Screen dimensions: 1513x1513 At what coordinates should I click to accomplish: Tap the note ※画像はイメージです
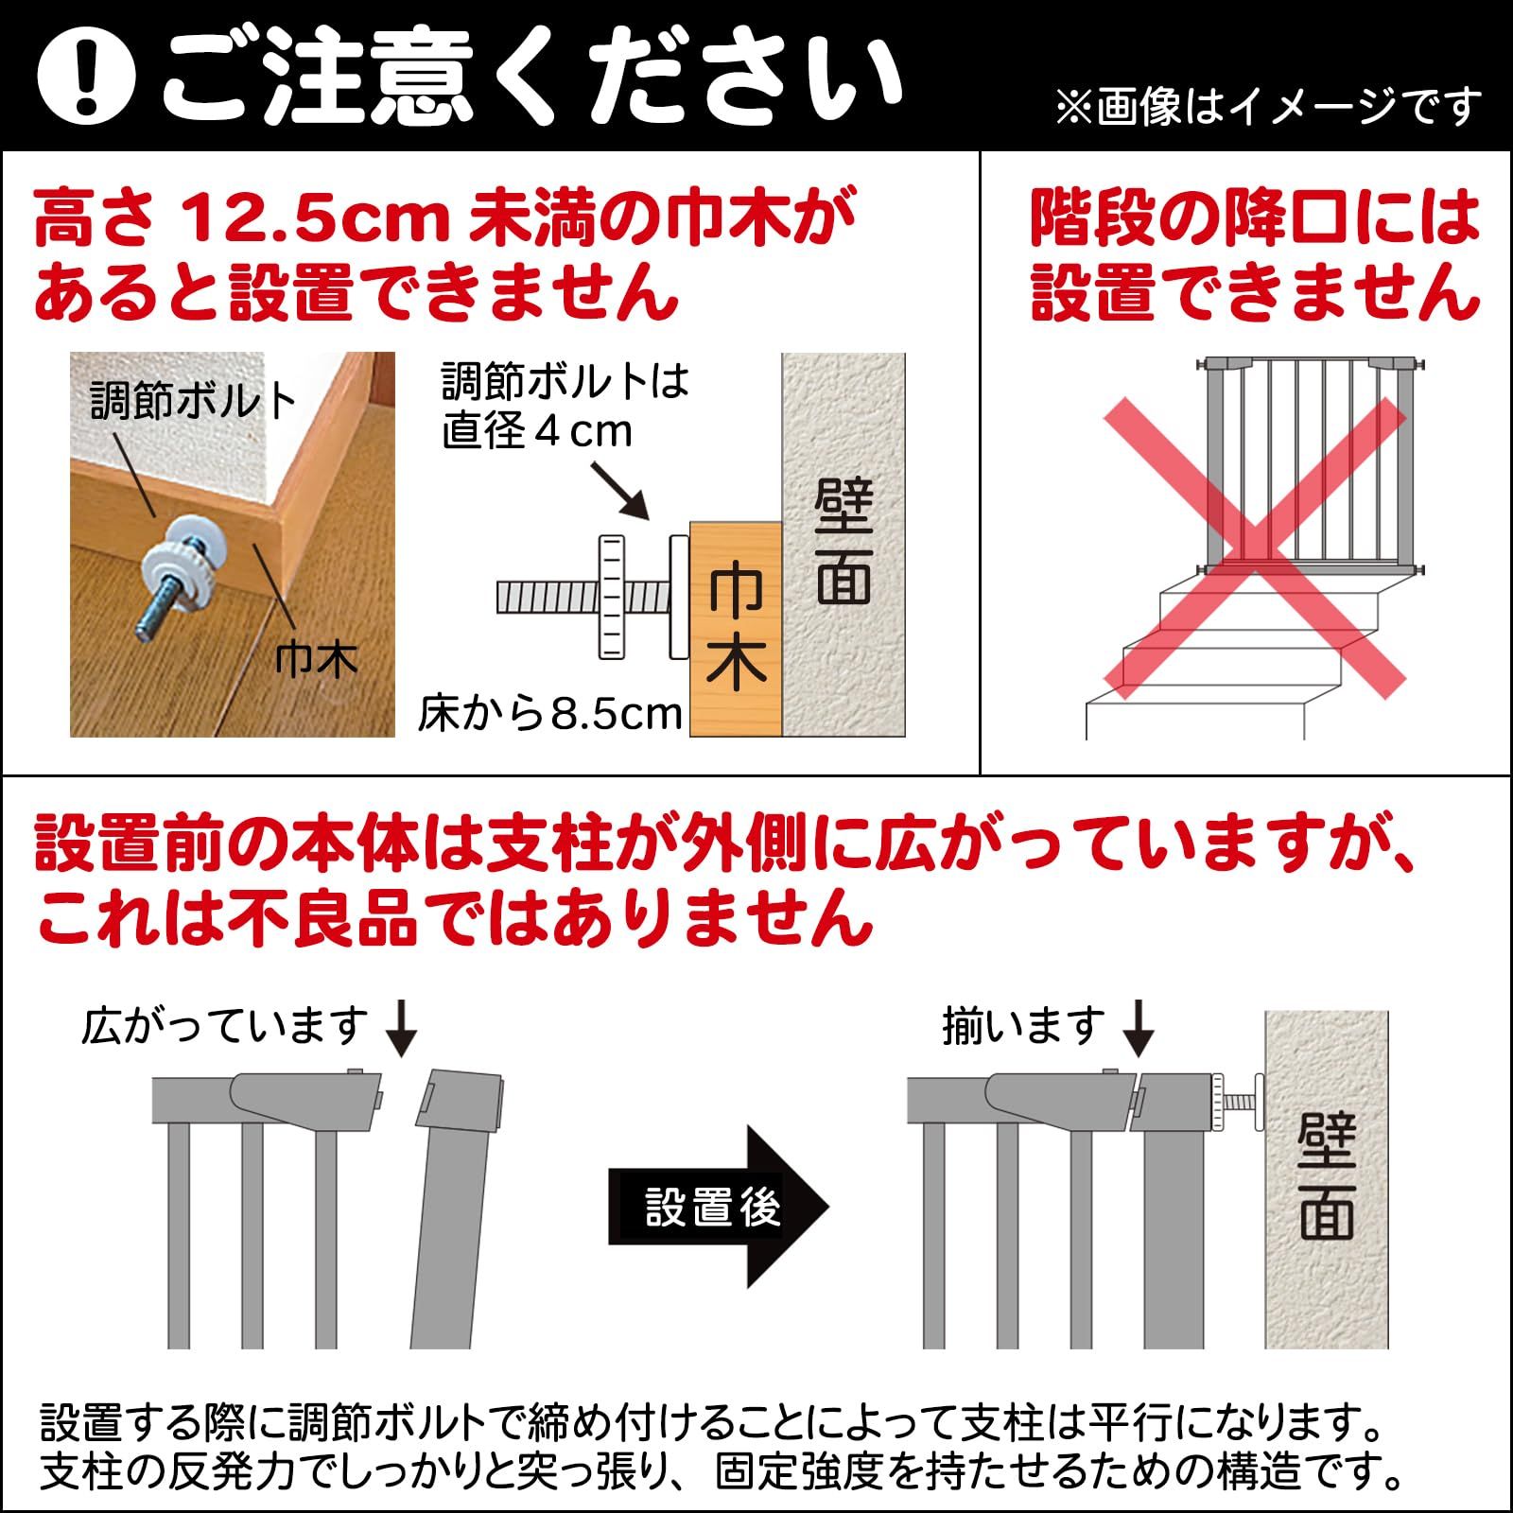point(1267,106)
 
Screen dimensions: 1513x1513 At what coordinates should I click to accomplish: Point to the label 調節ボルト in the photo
point(193,402)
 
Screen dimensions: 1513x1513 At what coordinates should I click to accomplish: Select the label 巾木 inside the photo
point(316,659)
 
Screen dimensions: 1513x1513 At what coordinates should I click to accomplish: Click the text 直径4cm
point(537,432)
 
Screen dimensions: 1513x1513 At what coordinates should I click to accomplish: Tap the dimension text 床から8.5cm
point(550,714)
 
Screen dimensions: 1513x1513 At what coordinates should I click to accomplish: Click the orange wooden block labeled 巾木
point(736,629)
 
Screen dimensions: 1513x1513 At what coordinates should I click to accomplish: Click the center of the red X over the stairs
point(1256,547)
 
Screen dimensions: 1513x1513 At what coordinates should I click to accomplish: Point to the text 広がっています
point(225,1026)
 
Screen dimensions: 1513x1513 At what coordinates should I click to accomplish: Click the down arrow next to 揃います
point(1139,1029)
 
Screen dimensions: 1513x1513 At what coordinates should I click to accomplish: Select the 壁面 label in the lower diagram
point(1326,1177)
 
